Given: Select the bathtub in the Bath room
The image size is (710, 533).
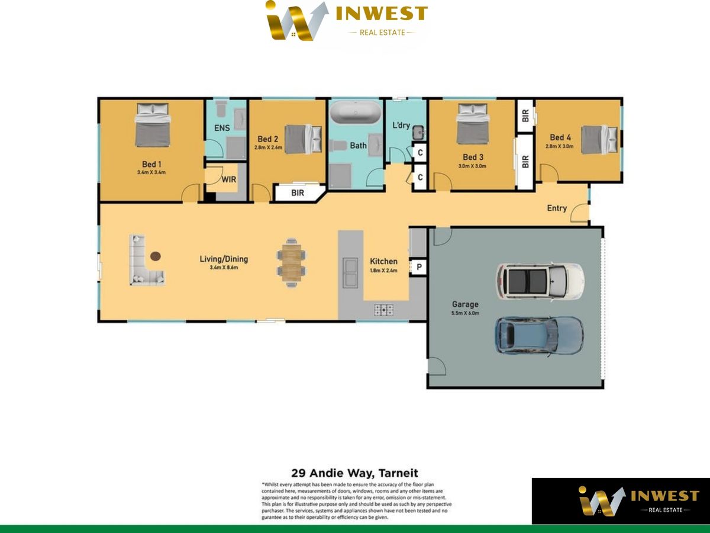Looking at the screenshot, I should click(356, 113).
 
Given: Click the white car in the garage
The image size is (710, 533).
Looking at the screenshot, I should click(540, 280).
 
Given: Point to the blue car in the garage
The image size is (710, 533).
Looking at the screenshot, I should click(539, 335).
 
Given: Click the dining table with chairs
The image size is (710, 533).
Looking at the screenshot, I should click(292, 262).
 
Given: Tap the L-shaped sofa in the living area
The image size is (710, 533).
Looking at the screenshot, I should click(144, 261).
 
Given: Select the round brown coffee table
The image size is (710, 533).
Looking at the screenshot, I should click(156, 256).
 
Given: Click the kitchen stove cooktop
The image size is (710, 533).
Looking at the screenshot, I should click(383, 309).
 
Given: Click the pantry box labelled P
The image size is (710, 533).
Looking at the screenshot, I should click(419, 268).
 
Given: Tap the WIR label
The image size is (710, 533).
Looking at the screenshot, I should click(229, 179).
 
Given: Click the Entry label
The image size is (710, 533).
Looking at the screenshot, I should click(557, 208).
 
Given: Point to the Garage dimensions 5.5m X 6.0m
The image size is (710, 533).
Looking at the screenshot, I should click(465, 313).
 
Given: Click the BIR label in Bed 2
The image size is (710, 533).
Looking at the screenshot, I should click(298, 192).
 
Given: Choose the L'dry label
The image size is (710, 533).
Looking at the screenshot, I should click(401, 126).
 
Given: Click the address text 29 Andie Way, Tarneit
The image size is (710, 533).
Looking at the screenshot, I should click(355, 473).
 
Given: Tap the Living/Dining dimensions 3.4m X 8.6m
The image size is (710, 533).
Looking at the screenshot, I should click(224, 268).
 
